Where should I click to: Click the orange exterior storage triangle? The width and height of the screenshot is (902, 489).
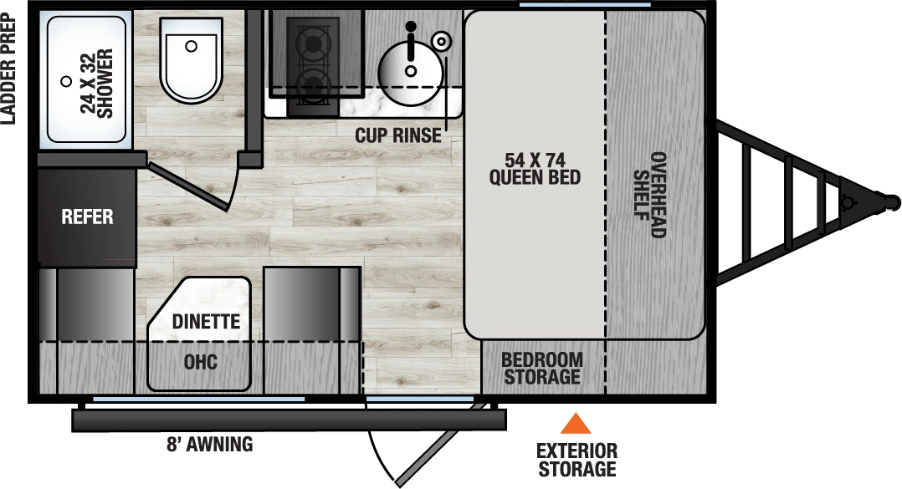(575, 424)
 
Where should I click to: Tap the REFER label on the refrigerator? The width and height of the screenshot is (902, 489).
(87, 217)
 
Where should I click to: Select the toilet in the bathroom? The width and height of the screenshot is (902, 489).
(191, 60)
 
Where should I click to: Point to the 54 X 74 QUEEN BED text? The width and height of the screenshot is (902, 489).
(535, 168)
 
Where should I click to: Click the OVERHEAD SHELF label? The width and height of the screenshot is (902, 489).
(649, 195)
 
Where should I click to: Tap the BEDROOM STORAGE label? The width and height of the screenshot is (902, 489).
(541, 368)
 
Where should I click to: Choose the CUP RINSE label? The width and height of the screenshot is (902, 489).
(397, 135)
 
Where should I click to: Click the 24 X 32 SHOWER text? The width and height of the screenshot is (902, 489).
(96, 84)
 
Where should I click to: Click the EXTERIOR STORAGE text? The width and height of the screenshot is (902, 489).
(577, 460)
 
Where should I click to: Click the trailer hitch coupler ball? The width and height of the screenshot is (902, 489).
(892, 202)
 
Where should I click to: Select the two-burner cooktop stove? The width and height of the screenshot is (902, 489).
(314, 63)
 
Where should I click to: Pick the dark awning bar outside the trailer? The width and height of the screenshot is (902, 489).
(289, 420)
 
